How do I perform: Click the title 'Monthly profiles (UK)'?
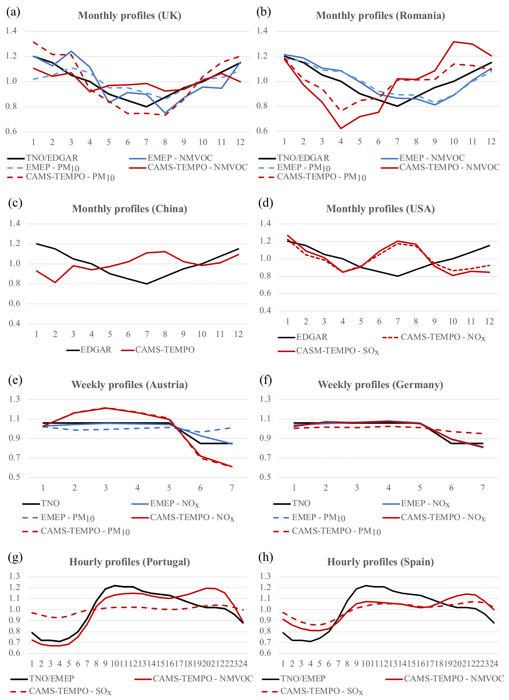click(x=129, y=15)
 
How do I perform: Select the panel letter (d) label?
click(x=266, y=203)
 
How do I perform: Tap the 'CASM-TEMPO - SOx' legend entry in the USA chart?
click(x=337, y=351)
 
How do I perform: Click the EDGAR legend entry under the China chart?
click(x=96, y=350)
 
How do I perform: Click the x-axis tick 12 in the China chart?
click(x=238, y=334)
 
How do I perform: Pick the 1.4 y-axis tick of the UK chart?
click(x=11, y=31)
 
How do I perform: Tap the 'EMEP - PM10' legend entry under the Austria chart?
click(x=67, y=517)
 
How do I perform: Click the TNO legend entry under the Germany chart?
click(x=301, y=503)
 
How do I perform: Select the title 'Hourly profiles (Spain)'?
click(x=380, y=562)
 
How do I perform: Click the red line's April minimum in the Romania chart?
click(x=341, y=128)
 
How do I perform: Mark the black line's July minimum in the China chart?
click(x=147, y=284)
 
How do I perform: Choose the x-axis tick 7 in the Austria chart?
click(x=232, y=488)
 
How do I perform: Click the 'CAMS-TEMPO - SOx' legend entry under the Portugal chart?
click(x=70, y=691)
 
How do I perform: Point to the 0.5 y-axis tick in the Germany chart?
click(x=265, y=477)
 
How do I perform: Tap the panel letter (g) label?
click(x=15, y=558)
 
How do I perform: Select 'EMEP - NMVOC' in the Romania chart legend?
click(x=432, y=158)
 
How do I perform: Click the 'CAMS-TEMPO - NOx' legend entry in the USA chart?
click(x=443, y=337)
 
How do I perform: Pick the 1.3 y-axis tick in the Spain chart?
click(x=265, y=576)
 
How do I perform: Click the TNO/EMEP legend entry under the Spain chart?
click(x=303, y=679)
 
